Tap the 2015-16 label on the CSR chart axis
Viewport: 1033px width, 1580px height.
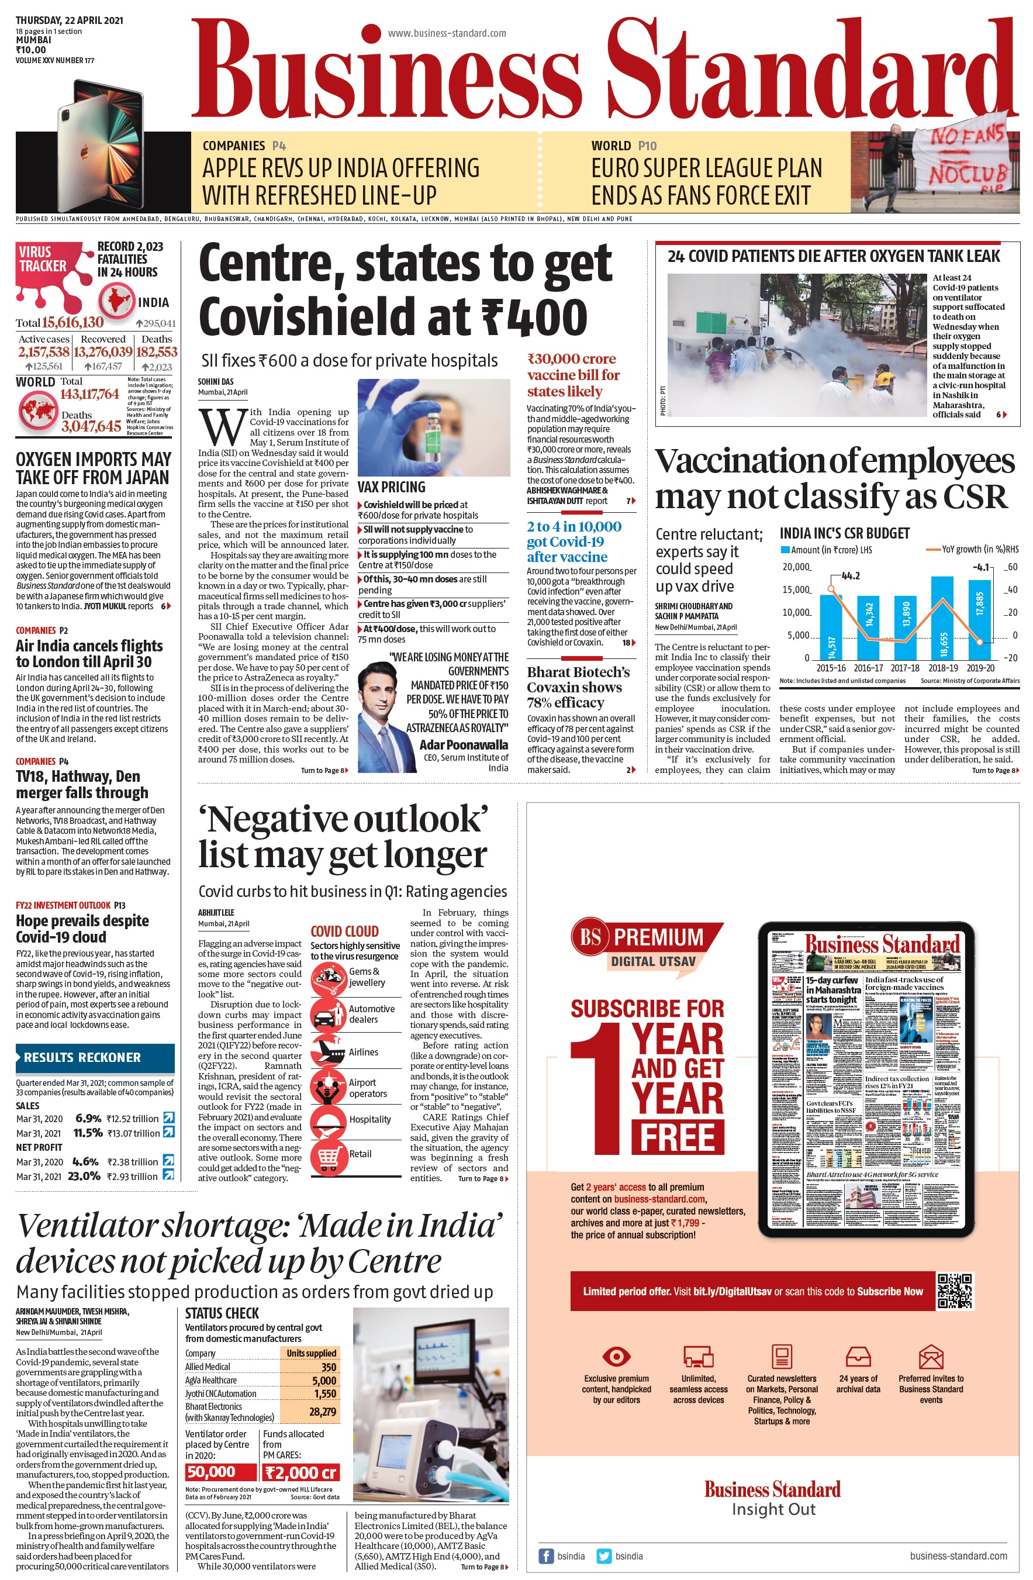pos(831,668)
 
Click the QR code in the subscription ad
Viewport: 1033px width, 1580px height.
pos(955,1291)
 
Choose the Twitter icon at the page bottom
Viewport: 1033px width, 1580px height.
pos(603,1555)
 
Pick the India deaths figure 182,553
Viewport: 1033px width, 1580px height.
pos(157,352)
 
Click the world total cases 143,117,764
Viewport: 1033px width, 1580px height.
pos(89,394)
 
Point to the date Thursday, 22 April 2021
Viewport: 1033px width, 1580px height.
pos(69,20)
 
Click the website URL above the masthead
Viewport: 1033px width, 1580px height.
pos(447,33)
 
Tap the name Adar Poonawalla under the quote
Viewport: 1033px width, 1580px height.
pos(464,744)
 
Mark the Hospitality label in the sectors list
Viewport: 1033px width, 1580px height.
pos(370,1119)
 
